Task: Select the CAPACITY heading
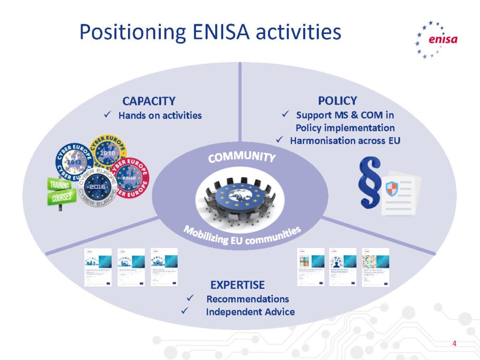click(149, 101)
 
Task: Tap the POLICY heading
click(337, 101)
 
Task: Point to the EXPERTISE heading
click(237, 285)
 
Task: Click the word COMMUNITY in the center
click(241, 157)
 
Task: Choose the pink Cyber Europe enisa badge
click(129, 177)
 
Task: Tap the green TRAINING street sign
click(60, 184)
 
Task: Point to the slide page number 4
click(454, 344)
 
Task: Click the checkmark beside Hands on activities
click(107, 115)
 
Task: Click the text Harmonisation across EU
click(345, 140)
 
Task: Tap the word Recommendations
click(247, 299)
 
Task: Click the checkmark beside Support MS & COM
click(285, 114)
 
